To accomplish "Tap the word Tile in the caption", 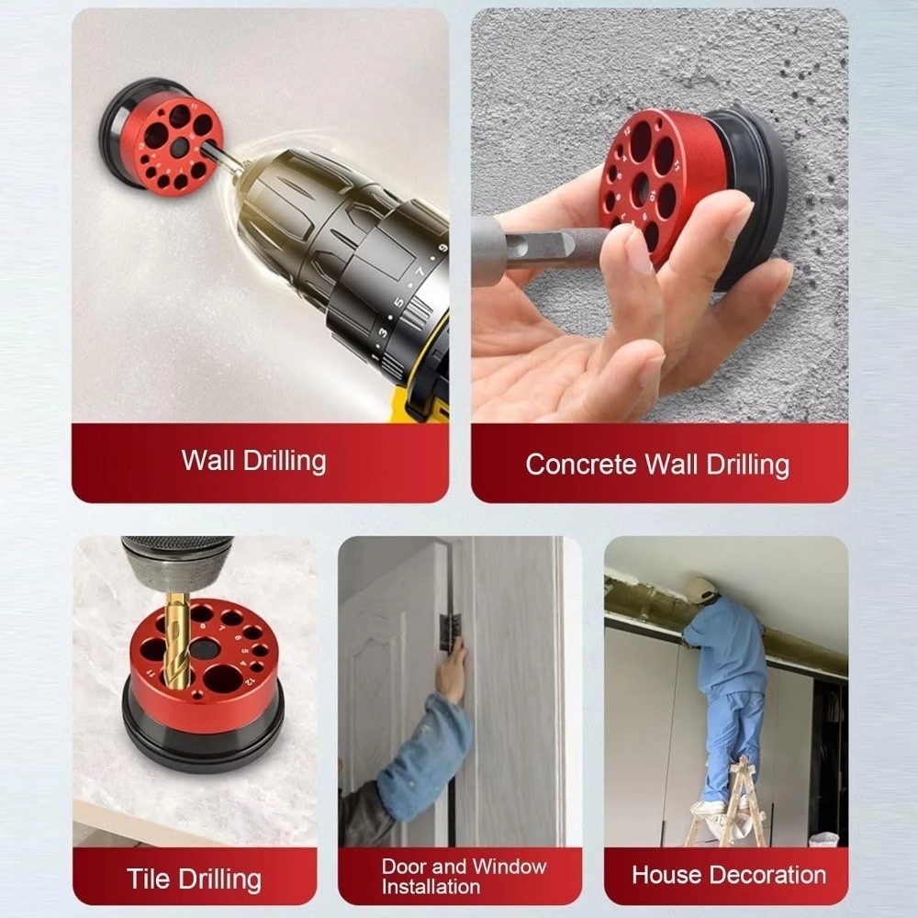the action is click(x=148, y=879).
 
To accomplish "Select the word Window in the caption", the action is click(x=509, y=866).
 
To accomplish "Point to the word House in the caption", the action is click(x=666, y=875).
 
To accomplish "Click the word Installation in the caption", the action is click(x=431, y=887).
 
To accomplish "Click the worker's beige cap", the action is click(x=701, y=588).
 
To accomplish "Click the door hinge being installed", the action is click(x=450, y=632).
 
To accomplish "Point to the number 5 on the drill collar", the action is click(x=398, y=303).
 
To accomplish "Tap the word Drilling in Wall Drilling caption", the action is click(x=285, y=462).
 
